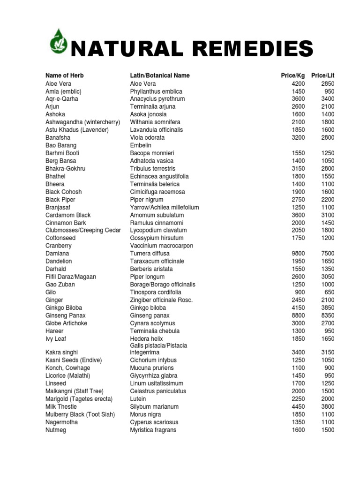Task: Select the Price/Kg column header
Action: (292, 75)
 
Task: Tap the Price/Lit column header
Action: (323, 75)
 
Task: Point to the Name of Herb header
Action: (65, 75)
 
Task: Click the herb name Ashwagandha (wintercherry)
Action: (83, 122)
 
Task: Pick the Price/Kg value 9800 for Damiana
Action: (298, 254)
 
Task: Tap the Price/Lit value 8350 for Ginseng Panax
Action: (328, 315)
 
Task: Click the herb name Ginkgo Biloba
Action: (64, 308)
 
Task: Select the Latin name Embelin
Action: (141, 145)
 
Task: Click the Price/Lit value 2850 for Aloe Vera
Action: (328, 83)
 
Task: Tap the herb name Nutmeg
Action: (56, 430)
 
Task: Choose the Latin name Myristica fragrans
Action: (153, 430)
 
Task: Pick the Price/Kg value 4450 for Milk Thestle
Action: (298, 407)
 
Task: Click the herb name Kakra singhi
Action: (62, 352)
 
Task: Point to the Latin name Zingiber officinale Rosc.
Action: (161, 300)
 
